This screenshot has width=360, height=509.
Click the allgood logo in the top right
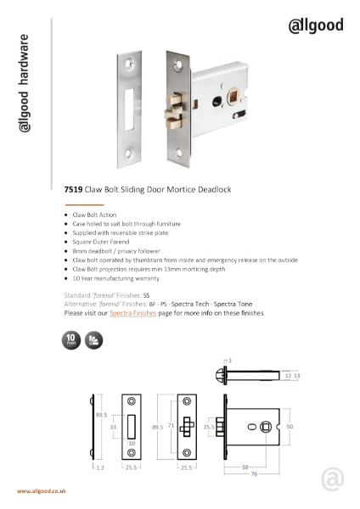pyautogui.click(x=316, y=25)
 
